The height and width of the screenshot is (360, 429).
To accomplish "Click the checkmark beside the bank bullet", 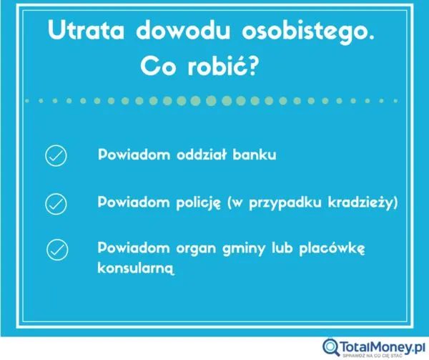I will tap(56, 156).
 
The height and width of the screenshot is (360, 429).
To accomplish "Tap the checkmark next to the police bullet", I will tap(56, 204).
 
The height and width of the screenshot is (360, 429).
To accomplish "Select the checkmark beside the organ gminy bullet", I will tap(56, 250).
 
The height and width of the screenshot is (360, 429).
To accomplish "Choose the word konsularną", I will tap(134, 270).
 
